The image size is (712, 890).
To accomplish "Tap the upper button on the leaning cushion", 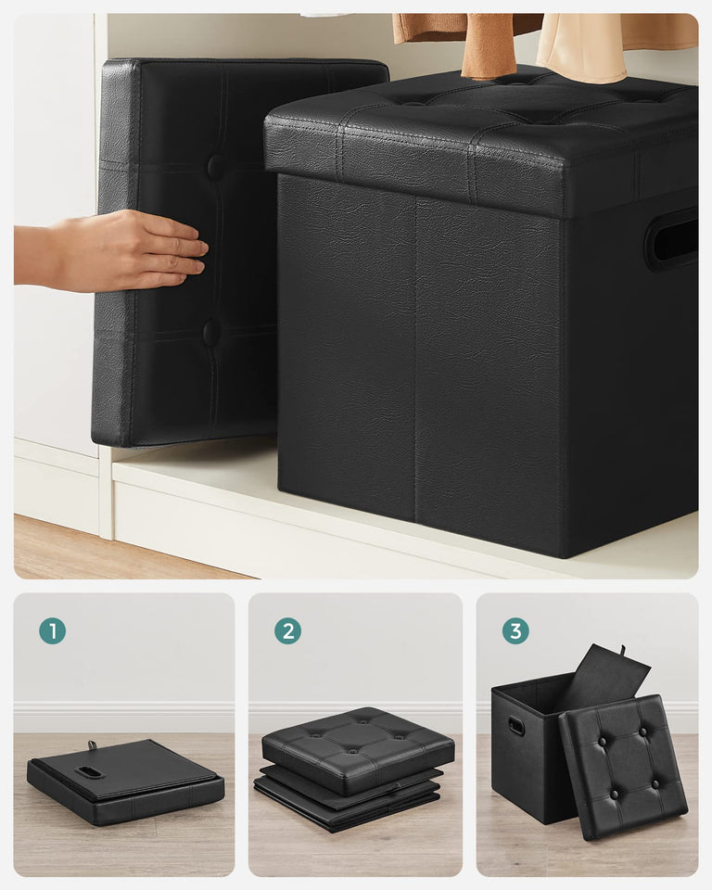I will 215,168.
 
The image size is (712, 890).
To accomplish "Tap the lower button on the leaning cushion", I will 212,333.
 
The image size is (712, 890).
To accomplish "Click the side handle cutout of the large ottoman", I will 673,239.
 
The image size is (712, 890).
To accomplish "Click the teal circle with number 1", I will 52,631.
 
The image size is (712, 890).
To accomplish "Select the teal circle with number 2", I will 287,631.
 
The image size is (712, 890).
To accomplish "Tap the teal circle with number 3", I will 515,631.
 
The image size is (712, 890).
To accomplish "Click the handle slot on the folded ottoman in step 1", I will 90,771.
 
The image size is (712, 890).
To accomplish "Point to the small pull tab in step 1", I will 94,745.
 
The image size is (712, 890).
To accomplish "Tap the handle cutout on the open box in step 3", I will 516,726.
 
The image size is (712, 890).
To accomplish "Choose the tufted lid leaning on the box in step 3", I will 622,765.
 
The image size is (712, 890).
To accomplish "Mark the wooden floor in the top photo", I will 93,552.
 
